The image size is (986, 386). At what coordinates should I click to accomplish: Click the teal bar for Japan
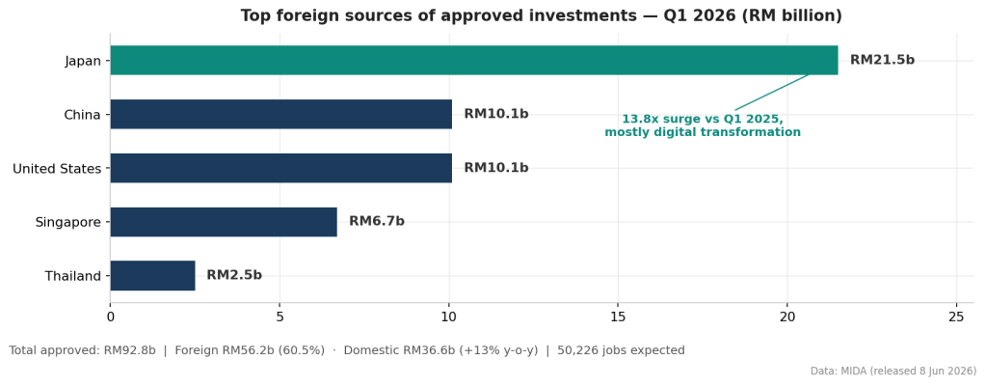474,61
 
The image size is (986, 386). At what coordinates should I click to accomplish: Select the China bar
281,114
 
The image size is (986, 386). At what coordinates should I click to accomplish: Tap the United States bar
281,168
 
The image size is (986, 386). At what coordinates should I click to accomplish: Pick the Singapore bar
224,222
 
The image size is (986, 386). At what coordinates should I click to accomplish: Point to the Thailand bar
153,276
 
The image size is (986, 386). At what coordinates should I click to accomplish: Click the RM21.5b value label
882,61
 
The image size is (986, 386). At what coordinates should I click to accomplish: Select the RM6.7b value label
377,222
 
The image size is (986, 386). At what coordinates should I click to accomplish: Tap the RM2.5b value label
234,275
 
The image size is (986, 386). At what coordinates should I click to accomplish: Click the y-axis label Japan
82,61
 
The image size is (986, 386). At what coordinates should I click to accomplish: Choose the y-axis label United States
57,169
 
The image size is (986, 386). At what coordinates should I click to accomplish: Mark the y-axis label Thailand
73,276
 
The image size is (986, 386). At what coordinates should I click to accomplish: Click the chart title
542,15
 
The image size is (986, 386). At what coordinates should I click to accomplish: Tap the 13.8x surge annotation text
703,126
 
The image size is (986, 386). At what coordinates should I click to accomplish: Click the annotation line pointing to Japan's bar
772,93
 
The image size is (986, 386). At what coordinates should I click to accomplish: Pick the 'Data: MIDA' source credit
893,372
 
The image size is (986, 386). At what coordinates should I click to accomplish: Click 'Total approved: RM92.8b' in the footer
82,350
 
